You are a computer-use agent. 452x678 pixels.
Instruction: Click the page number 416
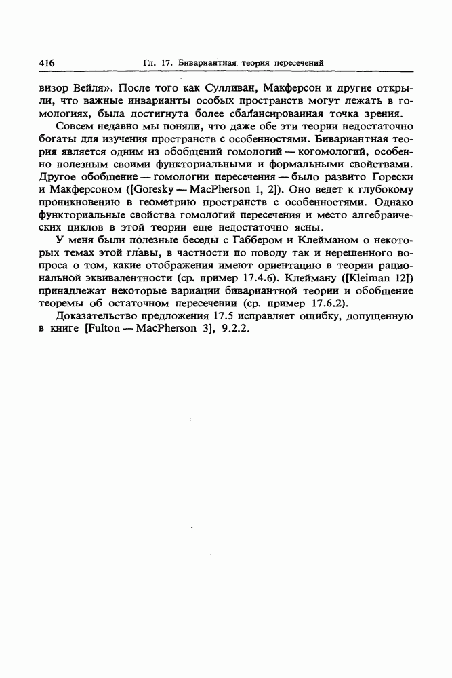[47, 63]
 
